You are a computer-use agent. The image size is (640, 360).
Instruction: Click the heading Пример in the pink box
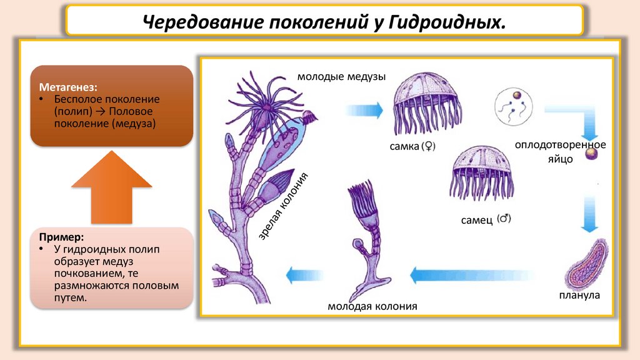pyautogui.click(x=61, y=237)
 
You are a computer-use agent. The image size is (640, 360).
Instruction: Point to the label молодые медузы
pyautogui.click(x=341, y=77)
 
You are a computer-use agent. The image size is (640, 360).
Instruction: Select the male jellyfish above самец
pyautogui.click(x=482, y=172)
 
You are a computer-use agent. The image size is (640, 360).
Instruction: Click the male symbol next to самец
pyautogui.click(x=504, y=219)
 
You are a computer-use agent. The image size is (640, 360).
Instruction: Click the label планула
pyautogui.click(x=579, y=295)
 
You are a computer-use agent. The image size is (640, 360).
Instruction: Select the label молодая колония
pyautogui.click(x=372, y=306)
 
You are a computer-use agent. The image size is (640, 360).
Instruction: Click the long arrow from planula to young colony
pyautogui.click(x=473, y=274)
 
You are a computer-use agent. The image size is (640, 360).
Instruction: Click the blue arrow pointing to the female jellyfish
pyautogui.click(x=361, y=110)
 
